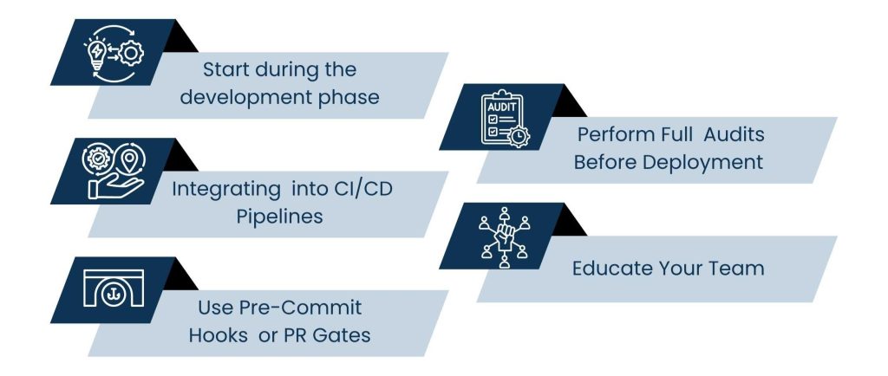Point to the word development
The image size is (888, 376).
click(x=252, y=96)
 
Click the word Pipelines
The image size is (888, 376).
click(x=279, y=216)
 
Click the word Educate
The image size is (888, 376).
click(x=613, y=268)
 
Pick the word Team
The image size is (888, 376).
click(x=738, y=268)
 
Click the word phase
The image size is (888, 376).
click(x=352, y=96)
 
